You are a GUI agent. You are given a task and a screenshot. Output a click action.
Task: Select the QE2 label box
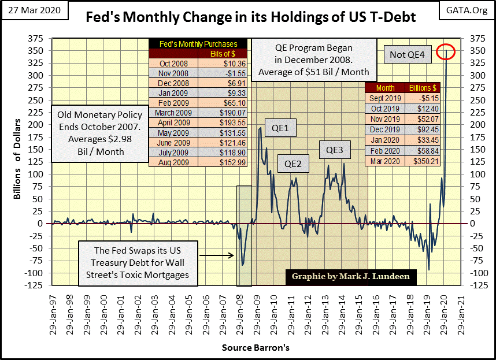[293, 164]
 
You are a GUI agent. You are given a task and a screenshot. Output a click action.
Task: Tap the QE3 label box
[335, 150]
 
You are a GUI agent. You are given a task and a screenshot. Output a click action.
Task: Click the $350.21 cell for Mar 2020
[422, 162]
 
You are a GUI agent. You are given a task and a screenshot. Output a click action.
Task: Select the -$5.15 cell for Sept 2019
[422, 98]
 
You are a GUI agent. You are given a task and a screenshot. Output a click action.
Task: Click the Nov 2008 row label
[173, 74]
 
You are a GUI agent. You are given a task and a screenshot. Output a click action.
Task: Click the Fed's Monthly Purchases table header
[198, 44]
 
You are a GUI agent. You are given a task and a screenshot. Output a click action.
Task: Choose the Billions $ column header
[422, 88]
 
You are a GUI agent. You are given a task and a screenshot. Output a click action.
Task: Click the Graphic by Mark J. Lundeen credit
[351, 276]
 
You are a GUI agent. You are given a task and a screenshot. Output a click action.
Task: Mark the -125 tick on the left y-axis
[41, 285]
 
